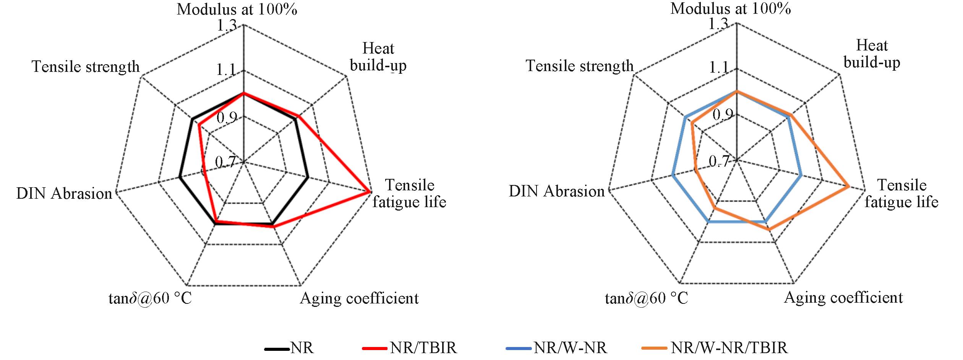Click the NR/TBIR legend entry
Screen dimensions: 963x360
point(409,348)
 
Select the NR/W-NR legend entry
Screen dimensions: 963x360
point(556,348)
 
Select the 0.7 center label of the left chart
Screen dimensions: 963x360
point(225,162)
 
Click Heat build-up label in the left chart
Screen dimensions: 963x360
point(378,57)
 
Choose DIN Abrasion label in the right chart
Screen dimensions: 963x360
point(557,191)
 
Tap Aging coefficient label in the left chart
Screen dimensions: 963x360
point(359,298)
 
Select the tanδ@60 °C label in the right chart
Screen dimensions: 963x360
point(647,298)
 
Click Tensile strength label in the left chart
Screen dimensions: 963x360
point(86,66)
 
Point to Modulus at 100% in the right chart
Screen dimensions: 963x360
point(731,8)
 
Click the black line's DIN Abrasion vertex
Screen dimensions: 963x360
point(180,177)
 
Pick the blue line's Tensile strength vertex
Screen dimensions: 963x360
point(686,117)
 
